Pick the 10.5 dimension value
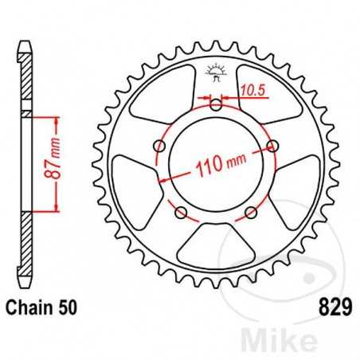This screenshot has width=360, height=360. (x=253, y=92)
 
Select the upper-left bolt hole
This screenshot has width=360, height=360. (x=160, y=146)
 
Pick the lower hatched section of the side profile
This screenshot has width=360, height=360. (x=26, y=247)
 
